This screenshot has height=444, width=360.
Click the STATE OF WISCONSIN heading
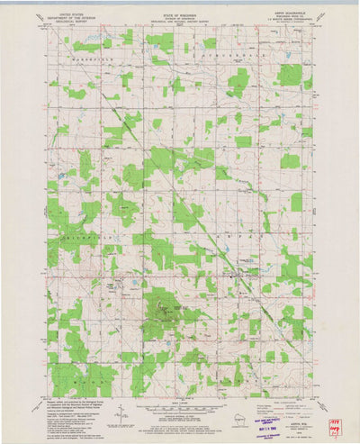click(179, 15)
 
